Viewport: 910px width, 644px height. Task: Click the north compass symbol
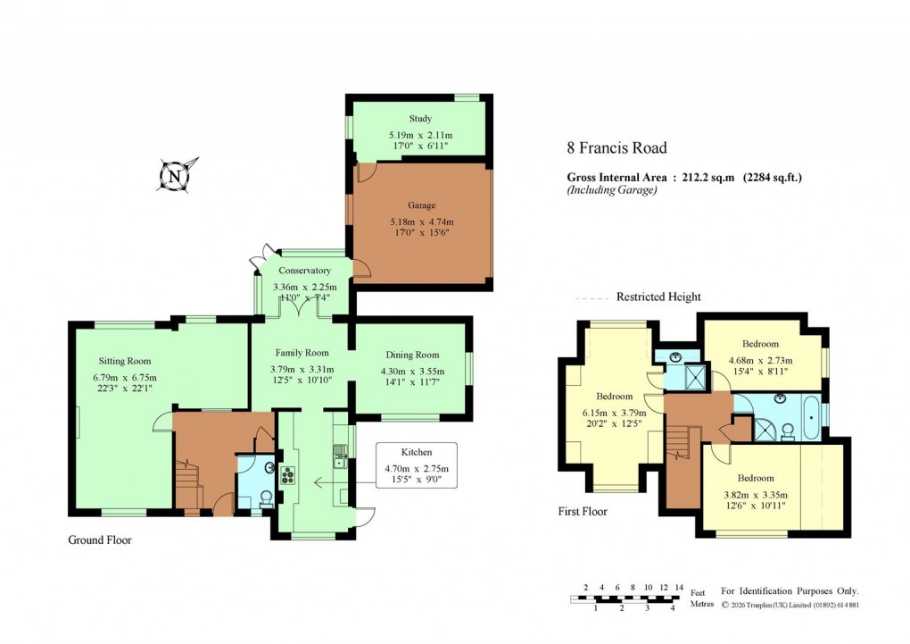tap(175, 176)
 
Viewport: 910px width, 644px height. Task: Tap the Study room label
tap(420, 119)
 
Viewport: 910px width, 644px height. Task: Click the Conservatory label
tap(304, 271)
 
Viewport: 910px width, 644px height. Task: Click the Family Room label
tap(302, 353)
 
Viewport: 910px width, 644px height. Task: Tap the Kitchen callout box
tap(416, 465)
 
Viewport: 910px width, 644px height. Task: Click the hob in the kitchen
tap(288, 474)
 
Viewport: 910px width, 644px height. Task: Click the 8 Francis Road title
tap(616, 148)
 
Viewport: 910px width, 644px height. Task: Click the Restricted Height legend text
tap(658, 297)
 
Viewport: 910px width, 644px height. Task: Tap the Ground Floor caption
tap(100, 540)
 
